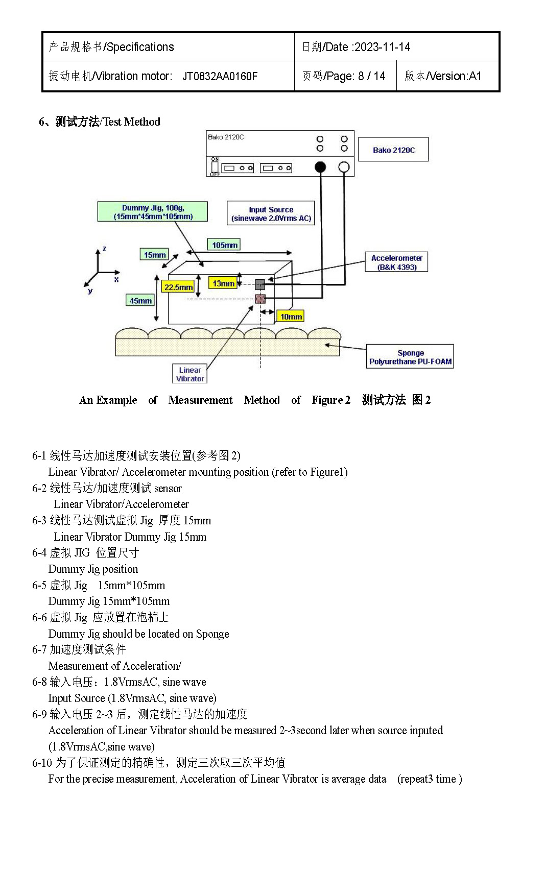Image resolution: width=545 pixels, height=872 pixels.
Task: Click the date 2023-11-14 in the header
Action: click(382, 47)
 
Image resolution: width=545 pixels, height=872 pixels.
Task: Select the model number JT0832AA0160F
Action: click(220, 77)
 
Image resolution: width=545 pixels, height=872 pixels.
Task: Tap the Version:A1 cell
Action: click(443, 76)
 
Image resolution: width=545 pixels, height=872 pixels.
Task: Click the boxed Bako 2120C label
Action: click(393, 150)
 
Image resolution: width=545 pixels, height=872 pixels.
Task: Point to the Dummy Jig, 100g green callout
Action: click(153, 212)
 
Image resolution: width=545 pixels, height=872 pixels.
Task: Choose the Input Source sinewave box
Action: click(271, 213)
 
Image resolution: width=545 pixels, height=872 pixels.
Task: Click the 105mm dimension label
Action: click(224, 245)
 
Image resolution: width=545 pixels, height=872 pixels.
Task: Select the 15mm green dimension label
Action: click(154, 255)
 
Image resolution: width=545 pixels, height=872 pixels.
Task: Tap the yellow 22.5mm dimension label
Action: click(178, 287)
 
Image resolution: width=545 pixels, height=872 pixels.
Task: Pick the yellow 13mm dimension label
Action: click(223, 283)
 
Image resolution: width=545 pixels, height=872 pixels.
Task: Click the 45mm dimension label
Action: click(140, 301)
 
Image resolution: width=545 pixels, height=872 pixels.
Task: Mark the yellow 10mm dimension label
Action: click(291, 317)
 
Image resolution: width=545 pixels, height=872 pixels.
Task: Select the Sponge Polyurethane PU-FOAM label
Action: click(410, 357)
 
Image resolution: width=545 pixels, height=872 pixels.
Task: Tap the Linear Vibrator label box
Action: click(190, 374)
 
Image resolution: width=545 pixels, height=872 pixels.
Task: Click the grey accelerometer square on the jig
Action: click(260, 284)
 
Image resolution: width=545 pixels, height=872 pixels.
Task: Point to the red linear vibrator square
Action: click(260, 298)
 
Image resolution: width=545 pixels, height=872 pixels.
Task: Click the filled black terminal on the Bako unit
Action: click(320, 167)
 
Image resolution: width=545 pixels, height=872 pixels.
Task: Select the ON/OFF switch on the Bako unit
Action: click(215, 166)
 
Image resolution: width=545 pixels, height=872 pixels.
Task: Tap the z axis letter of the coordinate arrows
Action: click(104, 249)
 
